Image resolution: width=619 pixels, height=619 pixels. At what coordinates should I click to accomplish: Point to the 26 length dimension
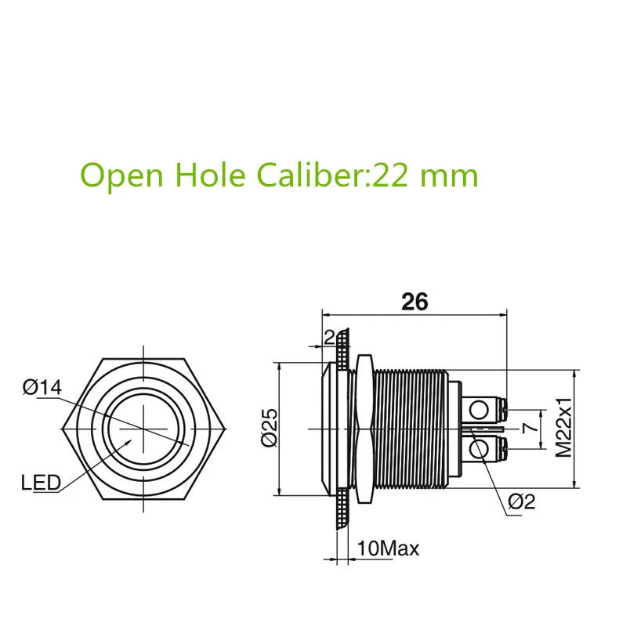point(414,302)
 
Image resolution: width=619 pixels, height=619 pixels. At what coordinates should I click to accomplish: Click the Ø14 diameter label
point(42,387)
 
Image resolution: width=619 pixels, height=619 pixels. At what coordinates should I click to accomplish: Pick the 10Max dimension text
point(388,548)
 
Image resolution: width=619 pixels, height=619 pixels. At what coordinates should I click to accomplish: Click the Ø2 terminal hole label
point(521,502)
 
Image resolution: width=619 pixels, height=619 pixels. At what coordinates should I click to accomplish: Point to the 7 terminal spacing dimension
point(527,429)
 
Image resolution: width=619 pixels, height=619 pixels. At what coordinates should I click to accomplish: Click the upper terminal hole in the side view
point(480,409)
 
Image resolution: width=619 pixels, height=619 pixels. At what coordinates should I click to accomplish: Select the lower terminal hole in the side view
point(480,449)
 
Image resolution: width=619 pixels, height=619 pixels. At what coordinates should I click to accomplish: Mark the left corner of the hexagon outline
point(62,429)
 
